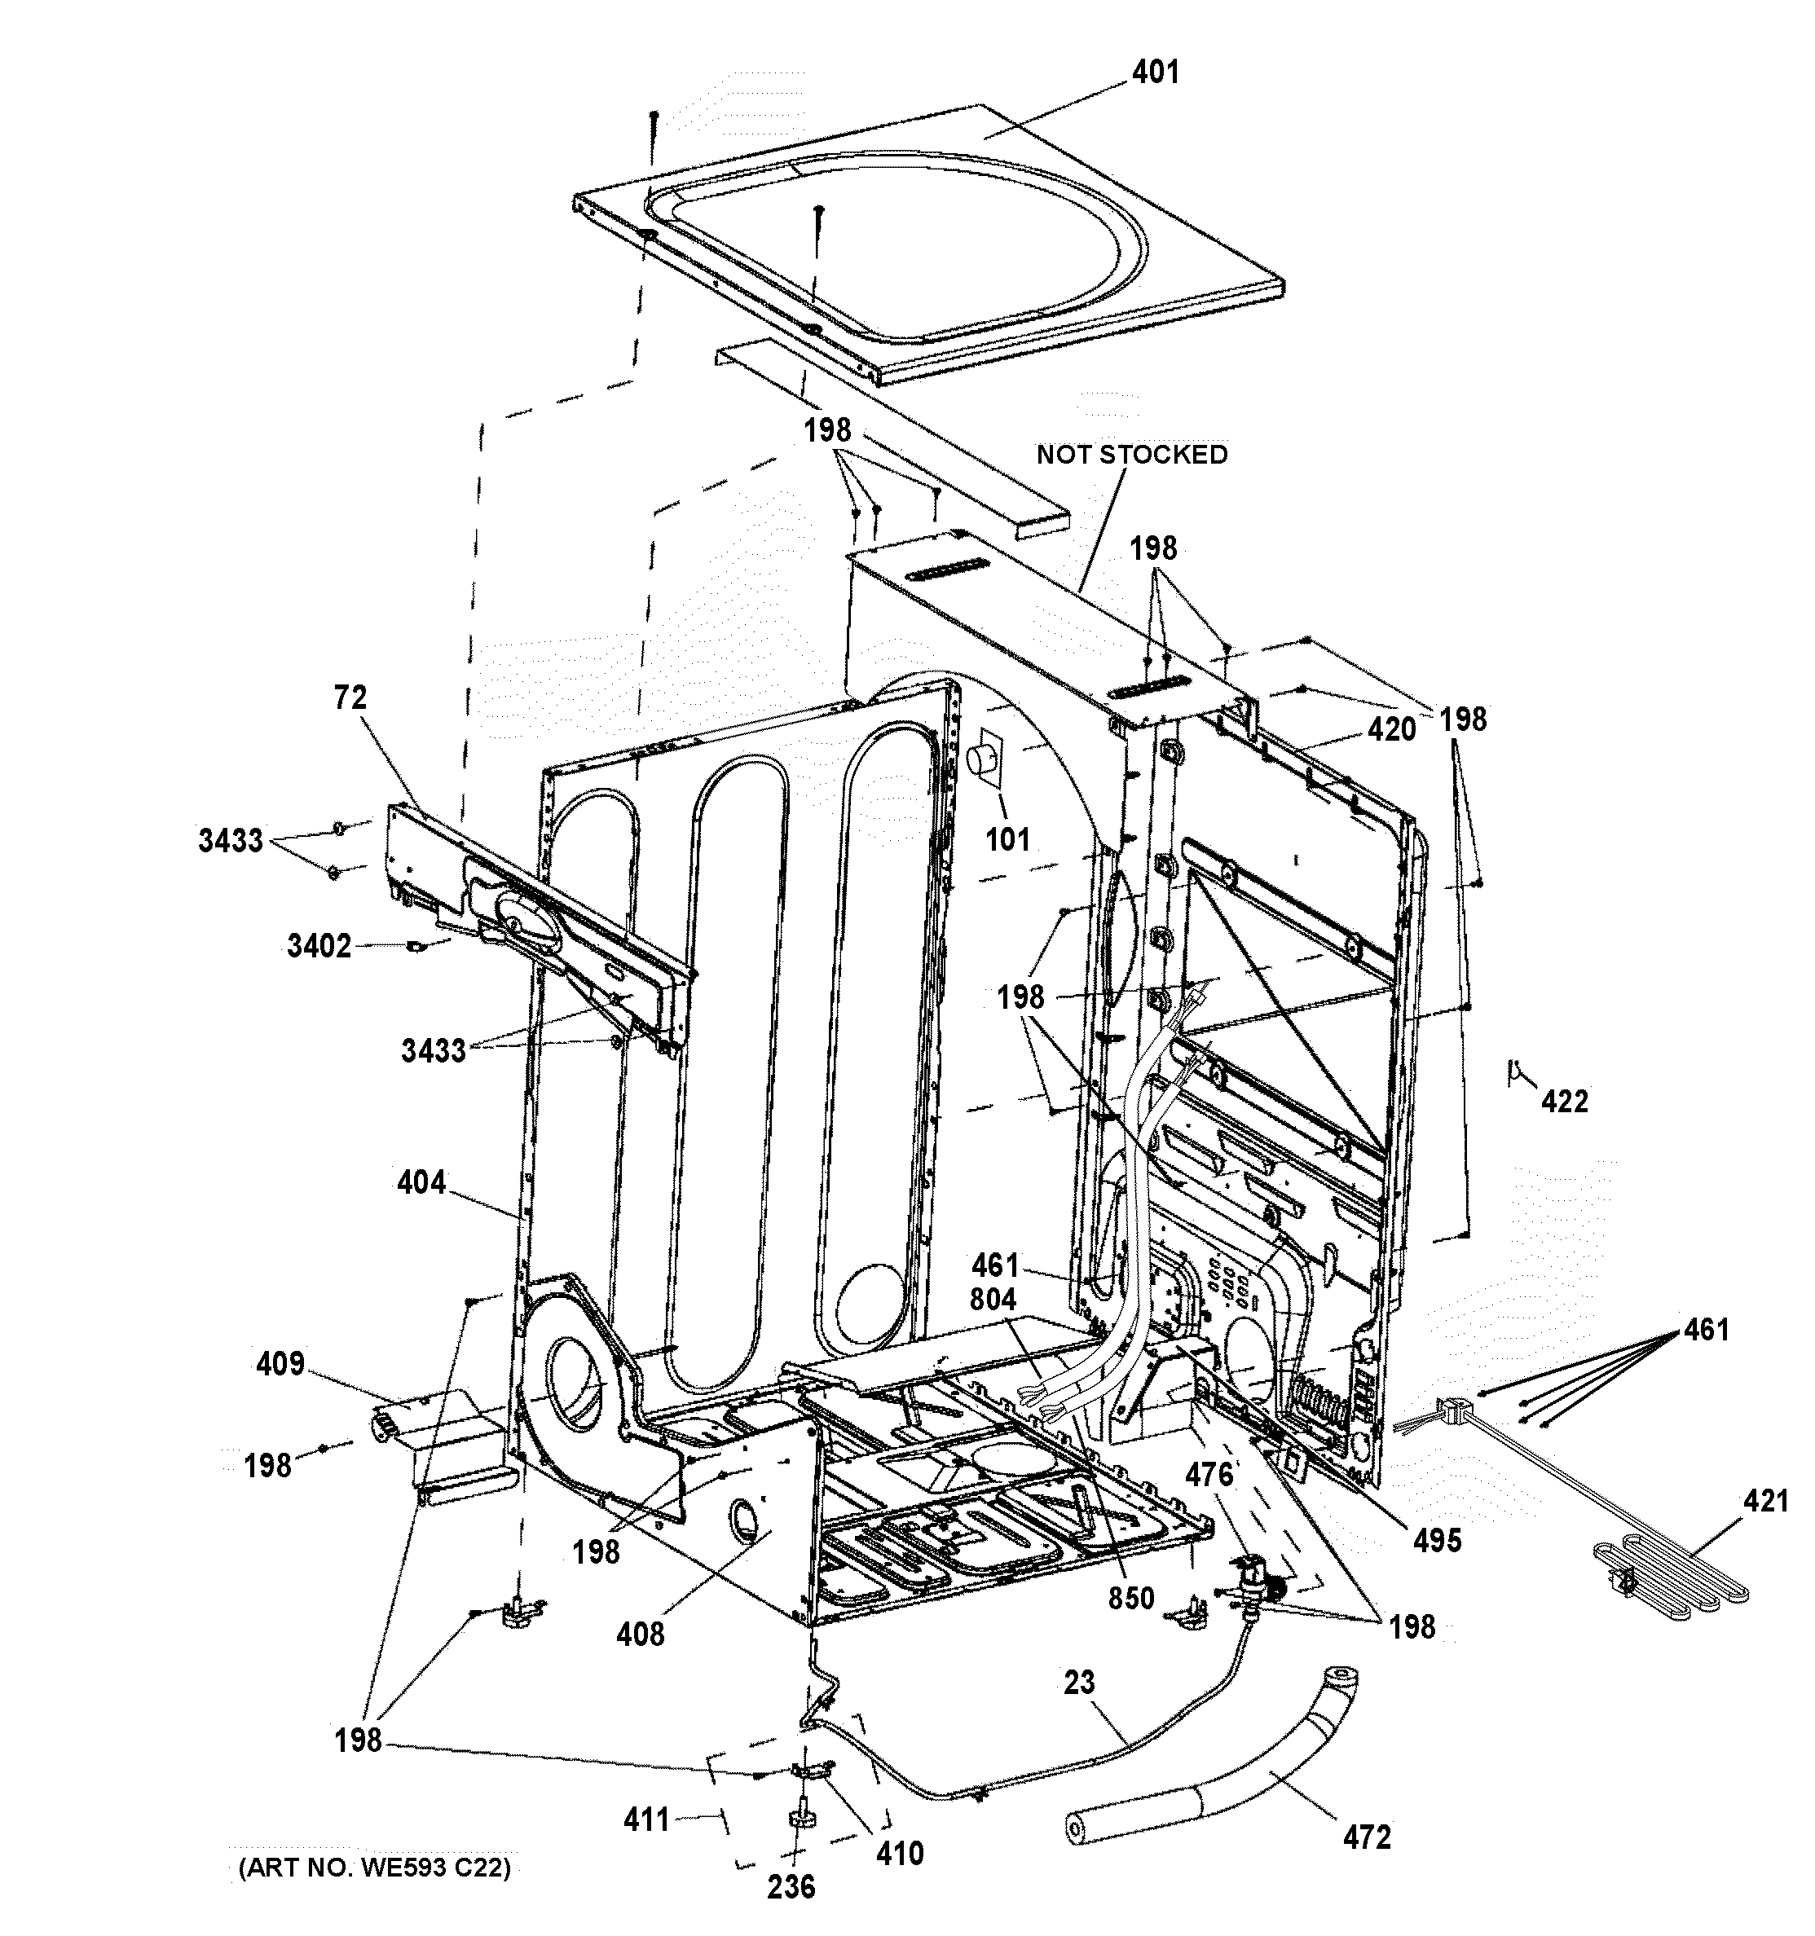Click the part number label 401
point(1156,72)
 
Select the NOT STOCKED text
point(1131,455)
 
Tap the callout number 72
point(350,697)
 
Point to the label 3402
point(319,946)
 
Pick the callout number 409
point(280,1363)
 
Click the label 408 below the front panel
point(640,1633)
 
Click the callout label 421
point(1765,1501)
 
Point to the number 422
point(1564,1102)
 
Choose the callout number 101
point(1007,839)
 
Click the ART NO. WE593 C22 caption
point(374,1867)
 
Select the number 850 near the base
point(1130,1598)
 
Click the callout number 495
point(1437,1540)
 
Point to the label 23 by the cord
point(1079,1682)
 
